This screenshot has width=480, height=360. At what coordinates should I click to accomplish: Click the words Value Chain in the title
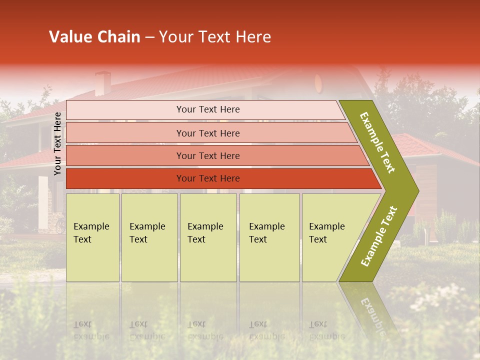(94, 37)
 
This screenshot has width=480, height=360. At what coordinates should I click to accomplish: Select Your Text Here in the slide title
(215, 37)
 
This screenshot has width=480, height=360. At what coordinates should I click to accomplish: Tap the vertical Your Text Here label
(57, 143)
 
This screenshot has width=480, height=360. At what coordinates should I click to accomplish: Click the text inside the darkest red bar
(208, 178)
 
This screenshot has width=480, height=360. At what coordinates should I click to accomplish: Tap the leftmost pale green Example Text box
(92, 237)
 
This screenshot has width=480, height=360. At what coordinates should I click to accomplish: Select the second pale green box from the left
(149, 237)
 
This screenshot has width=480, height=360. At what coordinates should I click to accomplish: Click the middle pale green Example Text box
(208, 237)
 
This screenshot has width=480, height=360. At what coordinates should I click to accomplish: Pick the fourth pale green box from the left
(269, 237)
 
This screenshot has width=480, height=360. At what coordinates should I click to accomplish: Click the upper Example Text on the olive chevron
(377, 142)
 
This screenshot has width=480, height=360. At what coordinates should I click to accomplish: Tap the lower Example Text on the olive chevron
(378, 236)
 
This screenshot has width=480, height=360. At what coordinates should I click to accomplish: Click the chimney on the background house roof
(103, 83)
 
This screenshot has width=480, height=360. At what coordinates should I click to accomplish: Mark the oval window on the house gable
(318, 81)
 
